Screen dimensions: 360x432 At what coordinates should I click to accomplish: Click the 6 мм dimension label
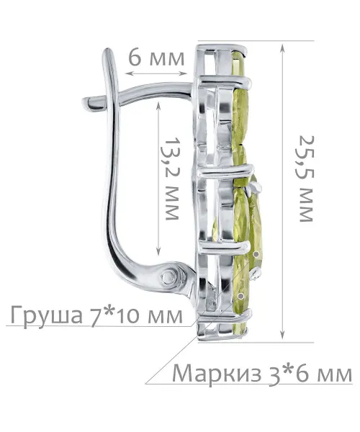[156, 58]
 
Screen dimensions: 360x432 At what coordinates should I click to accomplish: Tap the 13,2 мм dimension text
[171, 179]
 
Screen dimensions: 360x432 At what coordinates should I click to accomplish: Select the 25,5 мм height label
[306, 179]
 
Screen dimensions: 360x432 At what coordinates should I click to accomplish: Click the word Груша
[47, 315]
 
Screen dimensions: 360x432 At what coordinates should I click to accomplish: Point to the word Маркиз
[217, 374]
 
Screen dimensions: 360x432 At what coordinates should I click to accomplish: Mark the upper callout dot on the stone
[257, 254]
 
